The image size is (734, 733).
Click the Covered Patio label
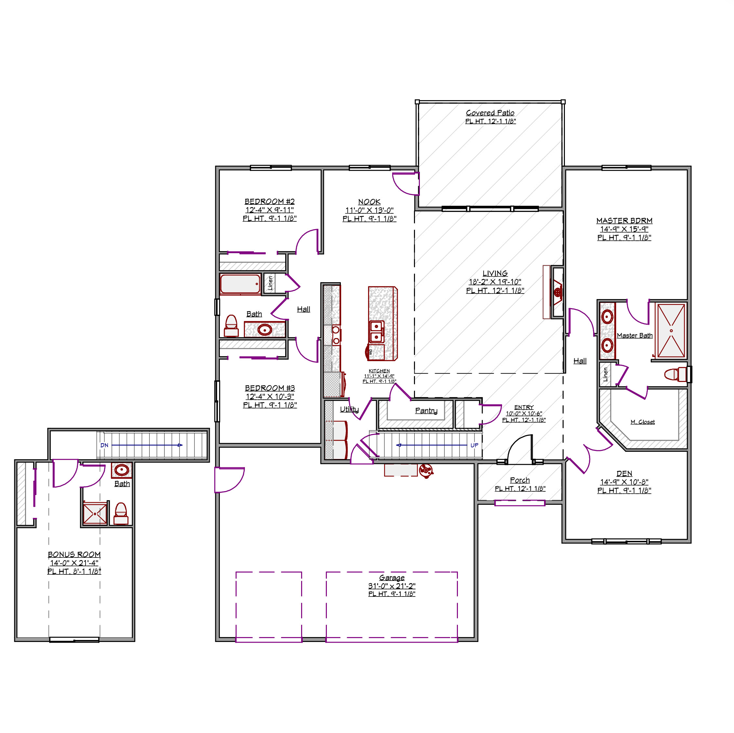point(490,113)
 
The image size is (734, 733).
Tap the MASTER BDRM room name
point(624,221)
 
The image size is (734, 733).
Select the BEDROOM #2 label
point(269,201)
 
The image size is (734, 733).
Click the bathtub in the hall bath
point(240,284)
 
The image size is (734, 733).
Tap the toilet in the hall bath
point(231,326)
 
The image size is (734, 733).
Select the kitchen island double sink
point(377,332)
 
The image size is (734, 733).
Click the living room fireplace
point(557,292)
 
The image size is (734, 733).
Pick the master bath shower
point(671,331)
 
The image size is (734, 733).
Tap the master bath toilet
point(676,374)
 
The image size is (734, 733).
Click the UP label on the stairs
point(474,445)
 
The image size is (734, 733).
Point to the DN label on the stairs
point(104,445)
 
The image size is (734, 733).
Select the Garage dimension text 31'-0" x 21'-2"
point(392,586)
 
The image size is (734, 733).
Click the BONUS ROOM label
point(74,555)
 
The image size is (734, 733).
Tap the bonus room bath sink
point(122,470)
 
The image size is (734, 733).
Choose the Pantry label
point(426,411)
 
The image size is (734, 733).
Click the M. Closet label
point(642,422)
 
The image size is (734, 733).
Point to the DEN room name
point(624,473)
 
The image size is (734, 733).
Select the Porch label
point(520,480)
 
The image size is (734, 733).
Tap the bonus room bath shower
point(95,513)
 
